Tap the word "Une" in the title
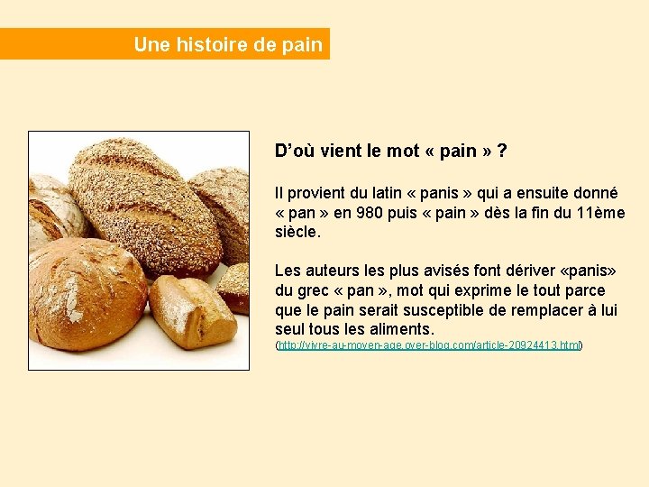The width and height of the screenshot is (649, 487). [x=149, y=44]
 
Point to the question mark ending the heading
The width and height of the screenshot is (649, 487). [x=501, y=151]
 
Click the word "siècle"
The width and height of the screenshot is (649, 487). [x=296, y=232]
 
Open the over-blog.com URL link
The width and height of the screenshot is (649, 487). [x=429, y=345]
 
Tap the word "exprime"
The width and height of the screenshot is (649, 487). [x=483, y=290]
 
